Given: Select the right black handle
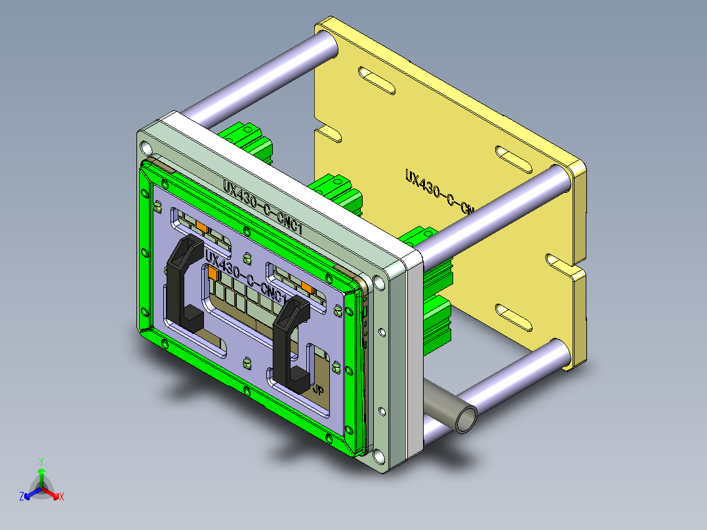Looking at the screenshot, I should [x=289, y=341].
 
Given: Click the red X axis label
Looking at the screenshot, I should [x=61, y=497].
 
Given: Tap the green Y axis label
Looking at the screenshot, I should [x=41, y=461].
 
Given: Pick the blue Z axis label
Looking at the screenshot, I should [x=22, y=497].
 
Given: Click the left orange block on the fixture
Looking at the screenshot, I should [x=203, y=227].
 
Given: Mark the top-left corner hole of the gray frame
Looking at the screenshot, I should [x=144, y=144].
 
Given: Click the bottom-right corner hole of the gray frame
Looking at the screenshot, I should [x=378, y=455].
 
